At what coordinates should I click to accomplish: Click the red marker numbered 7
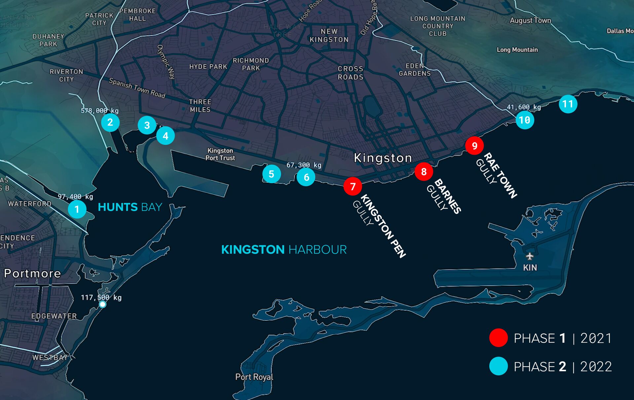point(353,186)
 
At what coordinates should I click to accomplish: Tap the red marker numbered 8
point(424,172)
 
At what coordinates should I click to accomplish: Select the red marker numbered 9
point(475,145)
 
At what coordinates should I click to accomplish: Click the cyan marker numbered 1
point(77,209)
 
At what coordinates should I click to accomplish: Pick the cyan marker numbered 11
point(568,104)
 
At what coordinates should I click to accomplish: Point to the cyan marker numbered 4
point(165,136)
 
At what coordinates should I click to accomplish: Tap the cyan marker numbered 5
point(271,174)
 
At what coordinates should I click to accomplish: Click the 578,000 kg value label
point(99,111)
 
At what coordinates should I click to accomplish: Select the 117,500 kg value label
point(101,298)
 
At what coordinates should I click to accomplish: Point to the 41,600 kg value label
point(524,107)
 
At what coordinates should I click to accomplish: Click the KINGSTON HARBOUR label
point(284,250)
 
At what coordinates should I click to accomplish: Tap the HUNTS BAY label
point(130,207)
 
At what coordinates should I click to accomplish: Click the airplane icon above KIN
point(530,256)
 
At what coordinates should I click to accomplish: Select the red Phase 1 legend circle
point(498,338)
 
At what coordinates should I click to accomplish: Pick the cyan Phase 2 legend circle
point(498,366)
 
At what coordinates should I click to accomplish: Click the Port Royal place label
point(254,377)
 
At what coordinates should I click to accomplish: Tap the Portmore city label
point(32,273)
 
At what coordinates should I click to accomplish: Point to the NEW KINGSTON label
point(329,36)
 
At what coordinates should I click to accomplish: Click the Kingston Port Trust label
point(220,154)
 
